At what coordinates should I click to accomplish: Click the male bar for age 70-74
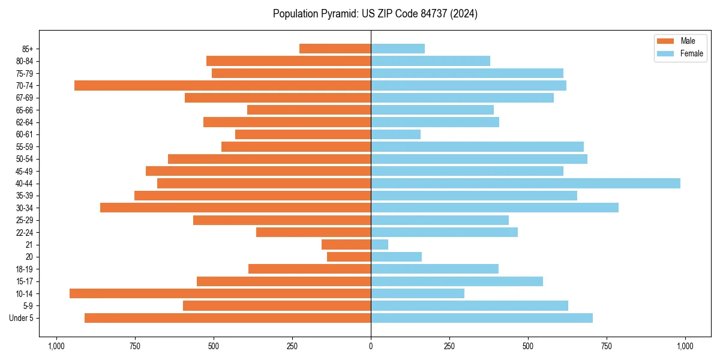tap(223, 86)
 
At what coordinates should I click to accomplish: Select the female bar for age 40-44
tap(526, 184)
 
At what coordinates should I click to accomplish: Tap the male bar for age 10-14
tap(220, 293)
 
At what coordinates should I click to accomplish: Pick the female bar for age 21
tap(380, 245)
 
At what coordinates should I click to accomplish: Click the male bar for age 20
tap(349, 257)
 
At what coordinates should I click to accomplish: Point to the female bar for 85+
tap(398, 49)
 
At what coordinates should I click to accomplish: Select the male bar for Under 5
tap(228, 318)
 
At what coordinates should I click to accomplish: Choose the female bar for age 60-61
tap(396, 134)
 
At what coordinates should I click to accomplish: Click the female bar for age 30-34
tap(494, 208)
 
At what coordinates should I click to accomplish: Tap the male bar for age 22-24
tap(314, 232)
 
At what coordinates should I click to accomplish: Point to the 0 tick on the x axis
tap(371, 346)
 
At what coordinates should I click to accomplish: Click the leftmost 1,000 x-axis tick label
tap(56, 346)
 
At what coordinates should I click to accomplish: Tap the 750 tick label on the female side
tap(607, 346)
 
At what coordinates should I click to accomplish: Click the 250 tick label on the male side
tap(292, 346)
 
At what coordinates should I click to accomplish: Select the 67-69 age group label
tap(25, 98)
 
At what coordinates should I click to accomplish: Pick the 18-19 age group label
tap(25, 269)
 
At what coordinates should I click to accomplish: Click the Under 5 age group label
tap(22, 318)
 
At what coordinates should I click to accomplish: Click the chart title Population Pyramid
tap(375, 14)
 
